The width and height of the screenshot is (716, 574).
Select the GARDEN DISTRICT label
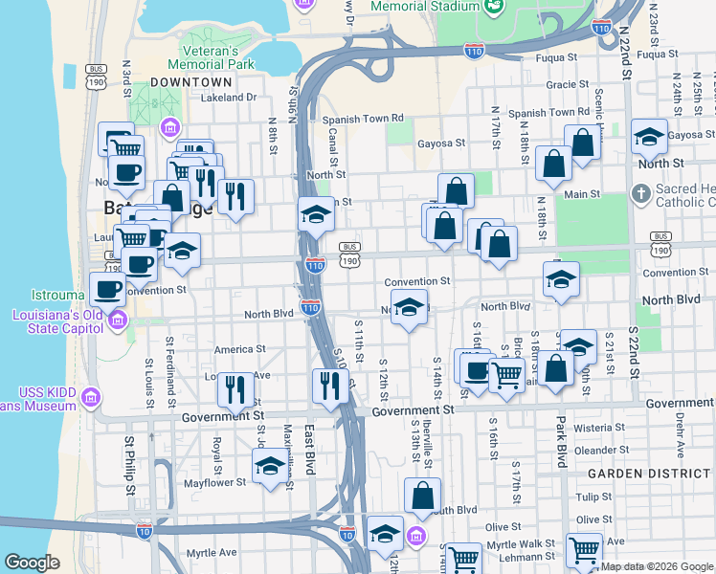click(x=635, y=474)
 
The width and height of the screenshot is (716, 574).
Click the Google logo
click(x=32, y=563)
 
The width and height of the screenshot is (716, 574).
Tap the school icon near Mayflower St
click(x=270, y=466)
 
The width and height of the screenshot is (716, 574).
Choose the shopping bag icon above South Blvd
click(x=422, y=496)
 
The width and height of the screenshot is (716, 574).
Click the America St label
click(x=238, y=349)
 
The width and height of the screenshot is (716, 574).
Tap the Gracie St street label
click(x=560, y=84)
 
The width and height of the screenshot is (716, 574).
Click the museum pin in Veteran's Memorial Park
click(x=170, y=127)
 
